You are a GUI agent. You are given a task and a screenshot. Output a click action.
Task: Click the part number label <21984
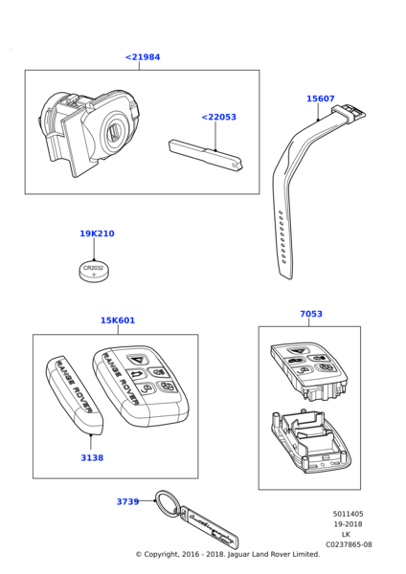pos(143,57)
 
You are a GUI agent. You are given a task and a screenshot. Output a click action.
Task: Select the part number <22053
pos(218,117)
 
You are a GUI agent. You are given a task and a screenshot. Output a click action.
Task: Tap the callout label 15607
pos(320,99)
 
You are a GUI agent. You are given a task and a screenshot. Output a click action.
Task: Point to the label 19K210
pos(97,233)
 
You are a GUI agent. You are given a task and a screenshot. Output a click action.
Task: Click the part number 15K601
pos(118,320)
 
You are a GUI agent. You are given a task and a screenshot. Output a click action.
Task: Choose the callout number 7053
pos(311,314)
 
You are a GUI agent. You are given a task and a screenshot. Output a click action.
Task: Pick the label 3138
pos(92,457)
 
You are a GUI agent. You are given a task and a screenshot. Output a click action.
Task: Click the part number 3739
pos(127,501)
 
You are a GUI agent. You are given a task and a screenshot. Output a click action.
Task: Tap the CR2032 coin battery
pos(94,271)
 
